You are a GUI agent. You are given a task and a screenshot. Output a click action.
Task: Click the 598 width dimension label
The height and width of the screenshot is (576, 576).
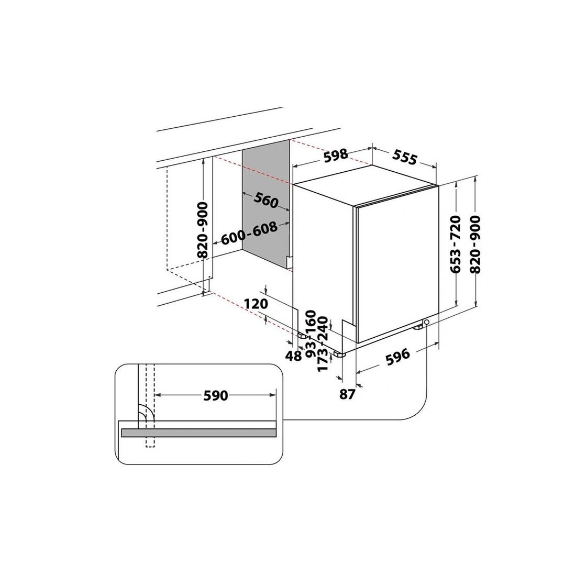pos(335,154)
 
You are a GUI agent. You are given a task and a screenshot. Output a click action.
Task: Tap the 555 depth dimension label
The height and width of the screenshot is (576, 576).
pos(405,157)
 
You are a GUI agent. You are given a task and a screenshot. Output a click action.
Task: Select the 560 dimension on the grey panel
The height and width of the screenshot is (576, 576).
pos(267,201)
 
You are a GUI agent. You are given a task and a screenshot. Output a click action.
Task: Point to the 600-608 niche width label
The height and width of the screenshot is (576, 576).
pos(249,233)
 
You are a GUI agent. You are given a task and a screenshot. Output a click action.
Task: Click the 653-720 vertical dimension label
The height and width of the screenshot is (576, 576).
pos(455,245)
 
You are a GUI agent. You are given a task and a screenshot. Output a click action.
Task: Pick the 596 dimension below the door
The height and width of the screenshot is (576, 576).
pos(397,357)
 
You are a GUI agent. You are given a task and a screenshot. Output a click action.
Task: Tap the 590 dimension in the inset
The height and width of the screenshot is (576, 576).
pos(216,396)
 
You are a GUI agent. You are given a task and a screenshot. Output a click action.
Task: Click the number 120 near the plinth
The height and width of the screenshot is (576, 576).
pos(256,304)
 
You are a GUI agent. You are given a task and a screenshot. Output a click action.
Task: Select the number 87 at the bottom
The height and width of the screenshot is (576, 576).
pos(347,394)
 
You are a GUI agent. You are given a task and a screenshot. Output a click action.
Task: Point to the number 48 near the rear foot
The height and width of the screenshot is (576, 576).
pos(294,355)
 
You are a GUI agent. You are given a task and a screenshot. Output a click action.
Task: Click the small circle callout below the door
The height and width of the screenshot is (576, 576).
pos(426,323)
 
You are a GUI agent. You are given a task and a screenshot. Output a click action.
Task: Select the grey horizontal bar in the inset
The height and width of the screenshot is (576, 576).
pos(198,433)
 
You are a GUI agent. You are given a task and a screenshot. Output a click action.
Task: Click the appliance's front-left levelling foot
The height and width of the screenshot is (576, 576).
pos(339,354)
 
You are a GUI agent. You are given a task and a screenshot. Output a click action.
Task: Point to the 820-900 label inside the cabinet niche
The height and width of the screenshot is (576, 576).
pos(203,230)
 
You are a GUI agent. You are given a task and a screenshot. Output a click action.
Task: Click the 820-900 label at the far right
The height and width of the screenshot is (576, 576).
pos(475,245)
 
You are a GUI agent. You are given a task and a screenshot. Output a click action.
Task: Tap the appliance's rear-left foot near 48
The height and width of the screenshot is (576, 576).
pos(302,335)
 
